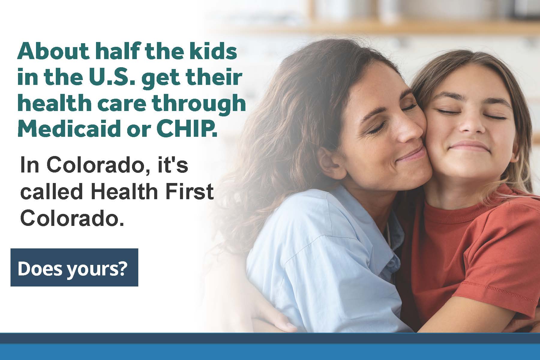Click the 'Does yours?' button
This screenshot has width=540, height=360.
pos(74,267)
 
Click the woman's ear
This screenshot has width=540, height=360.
pos(325,156)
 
